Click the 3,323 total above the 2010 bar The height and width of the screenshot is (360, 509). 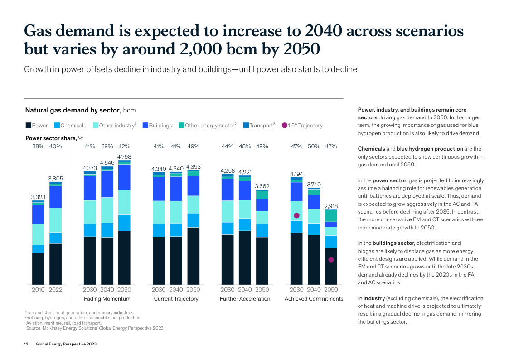click(x=38, y=197)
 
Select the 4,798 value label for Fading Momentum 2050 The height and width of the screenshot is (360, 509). click(x=124, y=157)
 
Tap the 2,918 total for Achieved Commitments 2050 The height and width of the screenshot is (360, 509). click(x=331, y=206)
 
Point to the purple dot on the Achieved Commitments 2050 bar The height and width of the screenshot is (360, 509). click(x=331, y=260)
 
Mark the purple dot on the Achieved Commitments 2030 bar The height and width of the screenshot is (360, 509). click(x=296, y=215)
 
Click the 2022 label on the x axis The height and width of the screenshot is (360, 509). click(x=55, y=290)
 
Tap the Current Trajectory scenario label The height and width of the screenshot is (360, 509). click(x=176, y=299)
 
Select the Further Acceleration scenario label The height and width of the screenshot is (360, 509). click(x=245, y=299)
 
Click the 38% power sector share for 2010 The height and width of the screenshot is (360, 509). click(x=38, y=146)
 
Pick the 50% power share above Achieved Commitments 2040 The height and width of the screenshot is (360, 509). click(x=314, y=146)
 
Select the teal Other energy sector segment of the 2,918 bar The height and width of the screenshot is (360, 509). click(x=331, y=215)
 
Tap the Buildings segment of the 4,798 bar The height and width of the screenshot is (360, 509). click(x=124, y=177)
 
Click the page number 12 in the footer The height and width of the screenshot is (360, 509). click(x=26, y=345)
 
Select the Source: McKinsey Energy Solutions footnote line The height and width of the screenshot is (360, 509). click(x=95, y=328)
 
